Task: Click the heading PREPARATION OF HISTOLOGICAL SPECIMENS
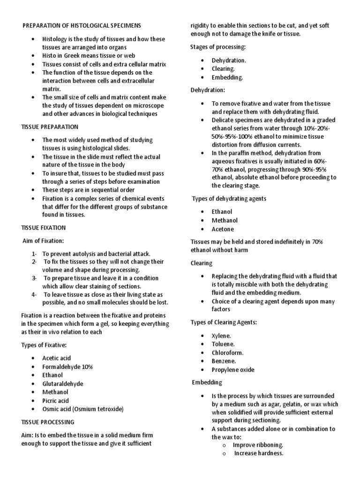[x=82, y=25]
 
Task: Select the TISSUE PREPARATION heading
[x=50, y=127]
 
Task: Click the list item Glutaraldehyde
[x=62, y=383]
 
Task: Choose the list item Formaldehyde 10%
[x=67, y=367]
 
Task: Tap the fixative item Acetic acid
[x=56, y=358]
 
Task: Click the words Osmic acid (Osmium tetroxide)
[x=82, y=409]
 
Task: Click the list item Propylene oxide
[x=233, y=369]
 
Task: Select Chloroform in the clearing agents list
[x=228, y=352]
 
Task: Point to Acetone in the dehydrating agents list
[x=223, y=229]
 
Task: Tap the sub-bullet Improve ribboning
[x=258, y=445]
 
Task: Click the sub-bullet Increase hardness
[x=259, y=453]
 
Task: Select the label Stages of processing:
[x=217, y=47]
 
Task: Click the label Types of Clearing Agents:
[x=224, y=322]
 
